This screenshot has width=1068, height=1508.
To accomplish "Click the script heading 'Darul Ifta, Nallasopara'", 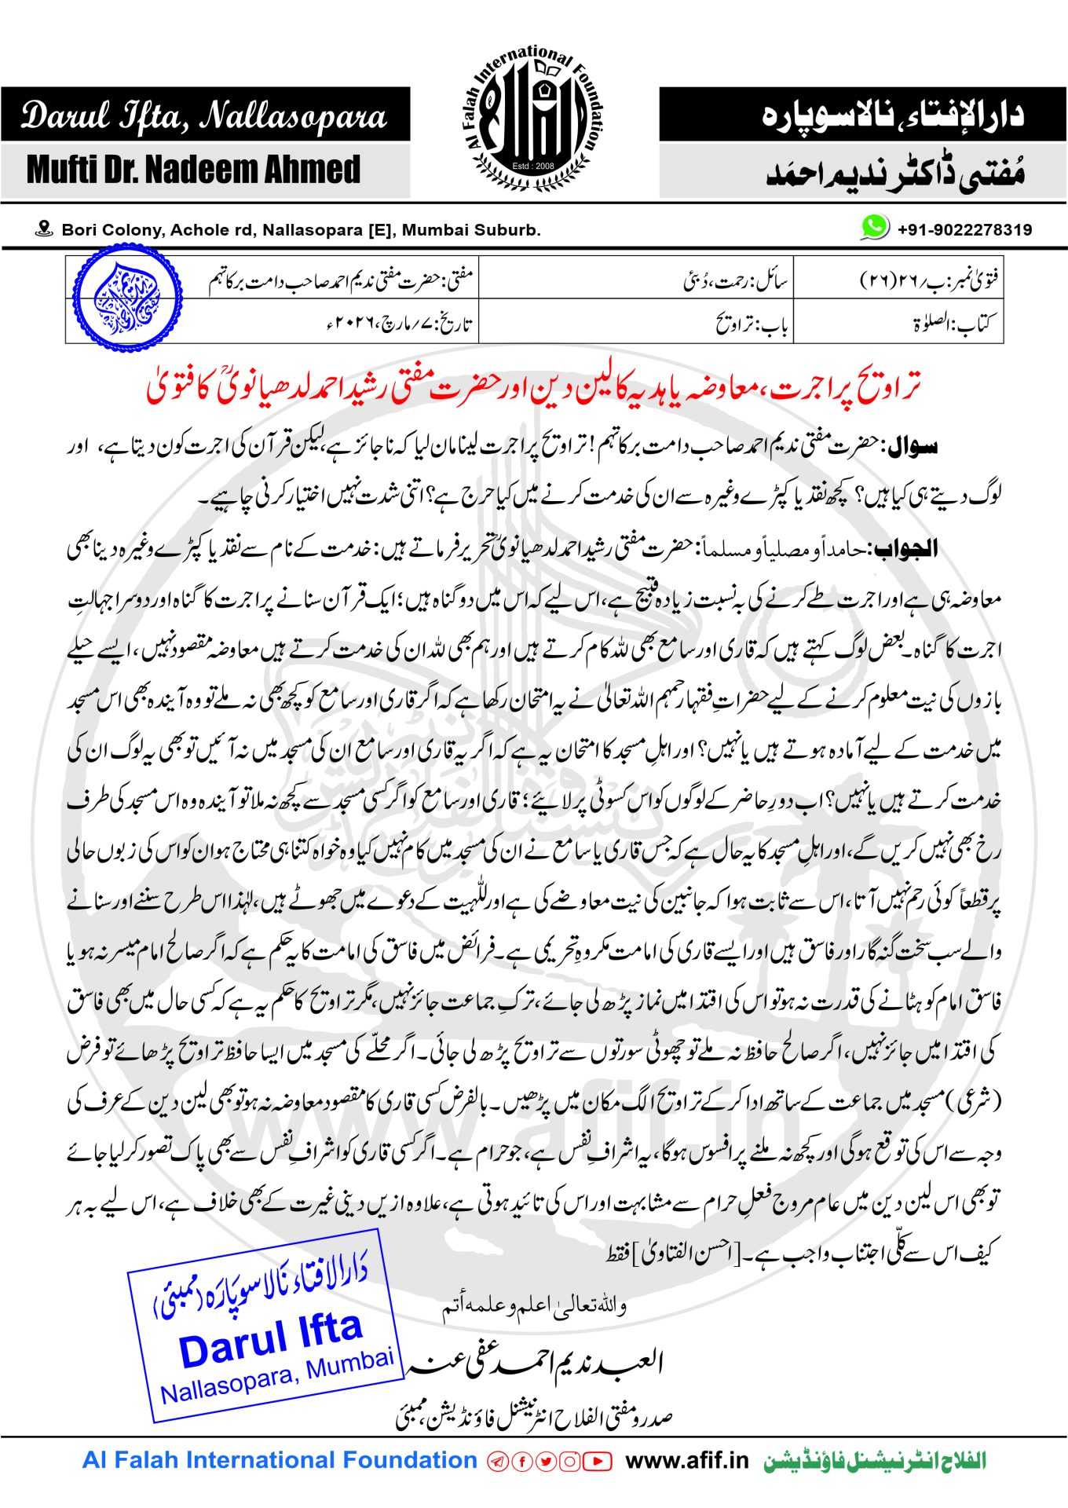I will pos(204,115).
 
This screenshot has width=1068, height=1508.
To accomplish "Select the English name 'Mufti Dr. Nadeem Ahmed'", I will pos(193,170).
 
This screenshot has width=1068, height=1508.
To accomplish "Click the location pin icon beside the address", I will pos(44,229).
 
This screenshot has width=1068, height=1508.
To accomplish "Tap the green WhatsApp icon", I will pos(874,227).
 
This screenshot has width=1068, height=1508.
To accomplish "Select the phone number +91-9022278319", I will pos(964,229).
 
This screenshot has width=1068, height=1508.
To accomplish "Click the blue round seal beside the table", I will pos(126,298).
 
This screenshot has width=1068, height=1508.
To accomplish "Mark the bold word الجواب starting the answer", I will pos(906,548).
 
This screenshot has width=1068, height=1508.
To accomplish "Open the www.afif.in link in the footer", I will pos(687,1461).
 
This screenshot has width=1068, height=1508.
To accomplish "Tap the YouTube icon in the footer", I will pos(598,1462).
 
